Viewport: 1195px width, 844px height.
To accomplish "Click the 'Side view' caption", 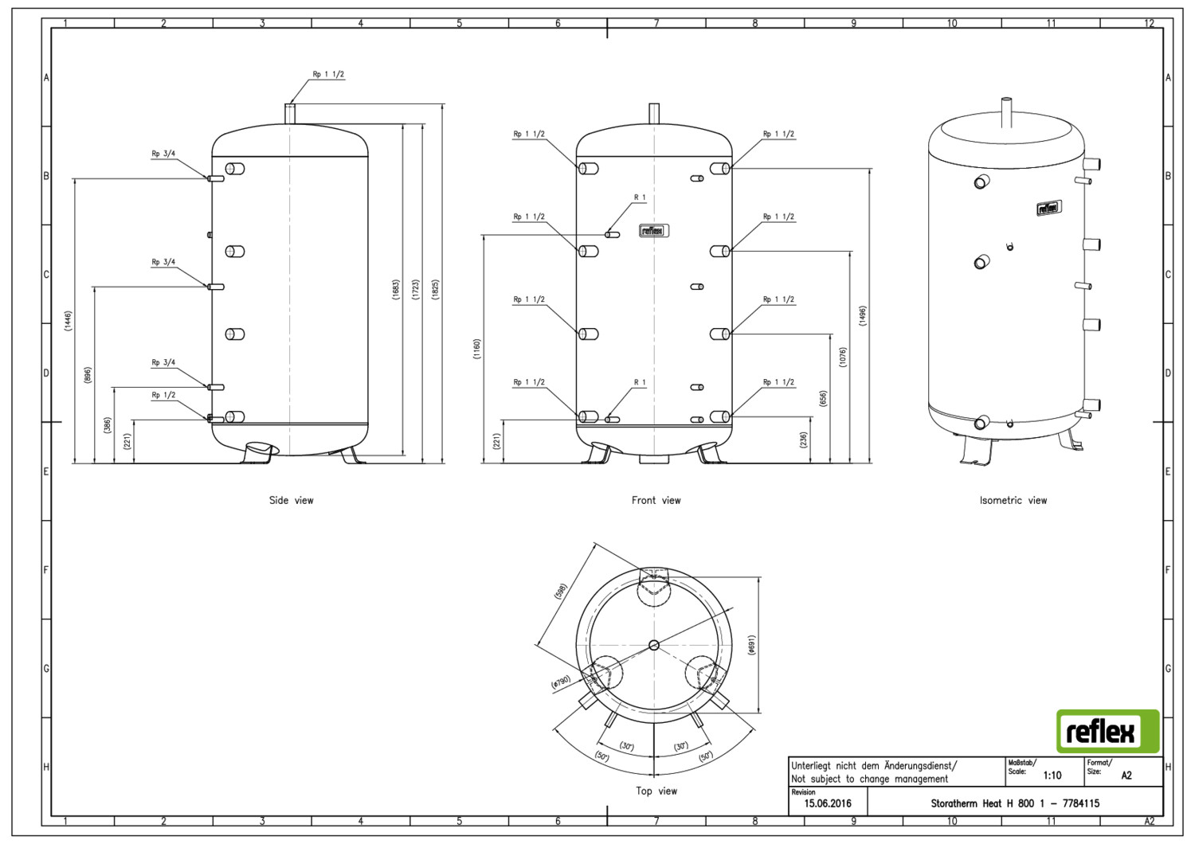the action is pyautogui.click(x=292, y=500).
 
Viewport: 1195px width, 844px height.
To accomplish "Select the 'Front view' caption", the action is pyautogui.click(x=656, y=500).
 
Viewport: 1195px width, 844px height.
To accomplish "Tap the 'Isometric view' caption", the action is pyautogui.click(x=1013, y=500).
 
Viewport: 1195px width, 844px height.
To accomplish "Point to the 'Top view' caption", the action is pyautogui.click(x=656, y=791).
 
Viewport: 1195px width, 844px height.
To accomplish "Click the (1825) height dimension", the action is pyautogui.click(x=436, y=290).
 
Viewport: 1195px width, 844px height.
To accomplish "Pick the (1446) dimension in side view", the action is pyautogui.click(x=68, y=321).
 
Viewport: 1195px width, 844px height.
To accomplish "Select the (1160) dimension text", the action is pyautogui.click(x=477, y=349).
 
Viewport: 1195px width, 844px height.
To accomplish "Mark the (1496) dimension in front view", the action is pyautogui.click(x=863, y=316).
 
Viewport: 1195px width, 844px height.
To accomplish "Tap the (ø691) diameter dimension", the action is pyautogui.click(x=751, y=645).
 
